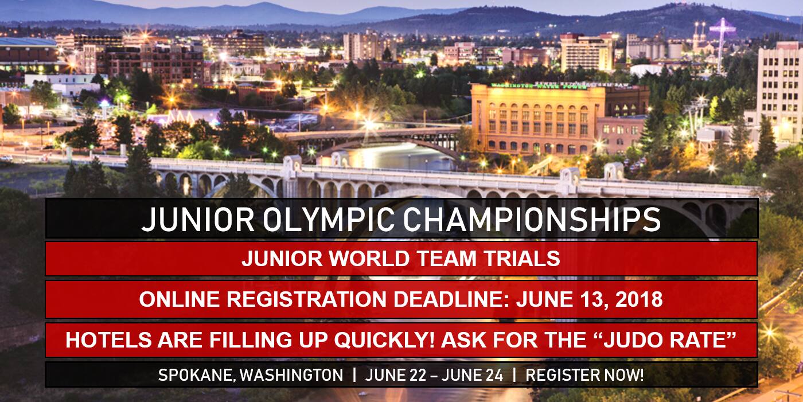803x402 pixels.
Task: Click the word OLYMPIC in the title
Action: [328, 219]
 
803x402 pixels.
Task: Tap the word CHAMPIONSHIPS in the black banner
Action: [532, 219]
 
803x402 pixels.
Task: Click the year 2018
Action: [639, 299]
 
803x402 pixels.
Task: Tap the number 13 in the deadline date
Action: [595, 300]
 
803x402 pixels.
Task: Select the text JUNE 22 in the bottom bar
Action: [395, 375]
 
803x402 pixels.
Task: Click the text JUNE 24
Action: [473, 375]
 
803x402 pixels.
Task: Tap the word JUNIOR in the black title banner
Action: [198, 219]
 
